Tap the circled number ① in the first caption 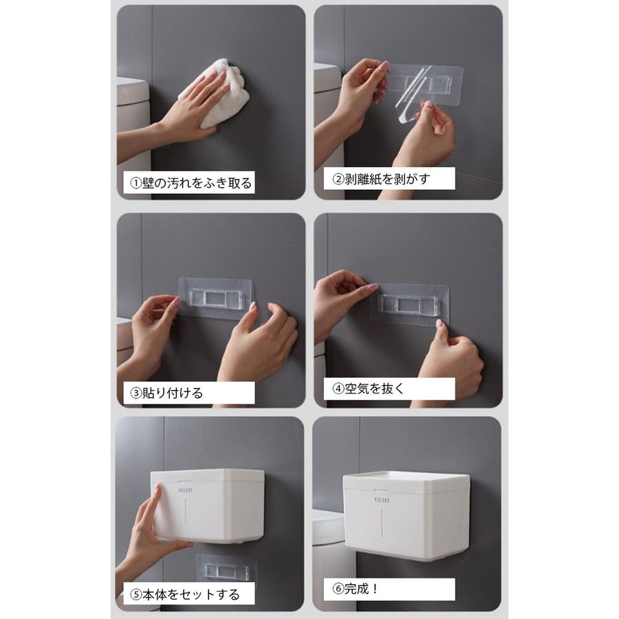pyautogui.click(x=136, y=183)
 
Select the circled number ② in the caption pyautogui.click(x=338, y=180)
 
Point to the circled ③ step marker pyautogui.click(x=136, y=393)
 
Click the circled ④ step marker pyautogui.click(x=338, y=389)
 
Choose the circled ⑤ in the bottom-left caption pyautogui.click(x=136, y=594)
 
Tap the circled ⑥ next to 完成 pyautogui.click(x=338, y=589)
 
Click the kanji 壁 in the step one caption pyautogui.click(x=149, y=183)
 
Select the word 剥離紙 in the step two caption pyautogui.click(x=364, y=180)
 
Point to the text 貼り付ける pyautogui.click(x=173, y=393)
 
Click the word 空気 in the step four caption pyautogui.click(x=357, y=389)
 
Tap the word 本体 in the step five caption pyautogui.click(x=155, y=594)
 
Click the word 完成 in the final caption pyautogui.click(x=357, y=589)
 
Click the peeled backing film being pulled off pyautogui.click(x=411, y=95)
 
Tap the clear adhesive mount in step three pyautogui.click(x=215, y=298)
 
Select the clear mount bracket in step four pyautogui.click(x=409, y=305)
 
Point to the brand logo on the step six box pyautogui.click(x=382, y=501)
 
